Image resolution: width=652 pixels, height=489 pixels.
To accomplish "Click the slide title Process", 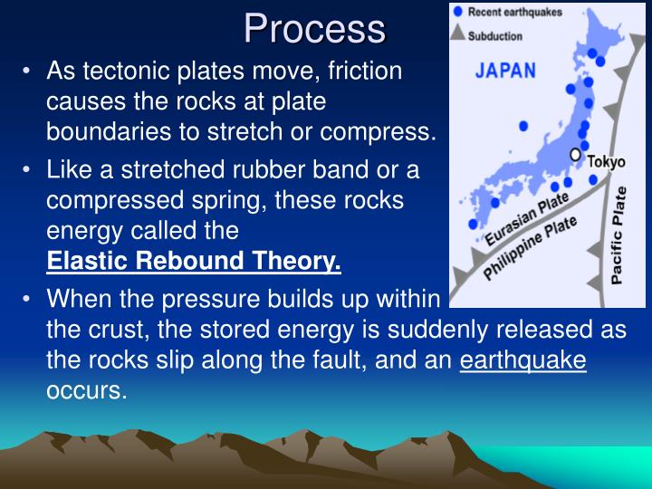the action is [315, 28].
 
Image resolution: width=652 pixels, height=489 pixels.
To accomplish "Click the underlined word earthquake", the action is [523, 360].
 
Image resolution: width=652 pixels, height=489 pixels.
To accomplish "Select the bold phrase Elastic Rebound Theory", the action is [194, 261].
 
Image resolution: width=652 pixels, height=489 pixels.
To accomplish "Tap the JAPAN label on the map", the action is [505, 71].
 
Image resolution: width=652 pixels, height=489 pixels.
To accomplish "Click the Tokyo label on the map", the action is [606, 162].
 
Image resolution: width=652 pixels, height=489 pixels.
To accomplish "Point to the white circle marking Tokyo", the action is [576, 155].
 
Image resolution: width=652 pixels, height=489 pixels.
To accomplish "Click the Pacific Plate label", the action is [618, 235].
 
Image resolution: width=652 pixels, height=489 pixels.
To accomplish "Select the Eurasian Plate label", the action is [527, 219].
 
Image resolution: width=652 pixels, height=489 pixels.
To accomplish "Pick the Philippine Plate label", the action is [530, 248].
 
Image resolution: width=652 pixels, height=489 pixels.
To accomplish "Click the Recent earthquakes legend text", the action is [515, 12].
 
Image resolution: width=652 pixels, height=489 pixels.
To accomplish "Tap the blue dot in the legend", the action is [458, 12].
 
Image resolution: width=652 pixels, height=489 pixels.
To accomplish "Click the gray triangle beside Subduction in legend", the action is [458, 33].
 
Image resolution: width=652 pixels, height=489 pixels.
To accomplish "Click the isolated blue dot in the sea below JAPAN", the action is [523, 126].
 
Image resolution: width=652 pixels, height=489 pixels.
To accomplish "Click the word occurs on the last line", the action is [87, 391].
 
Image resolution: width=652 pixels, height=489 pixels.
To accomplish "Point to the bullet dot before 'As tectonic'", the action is [26, 71].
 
